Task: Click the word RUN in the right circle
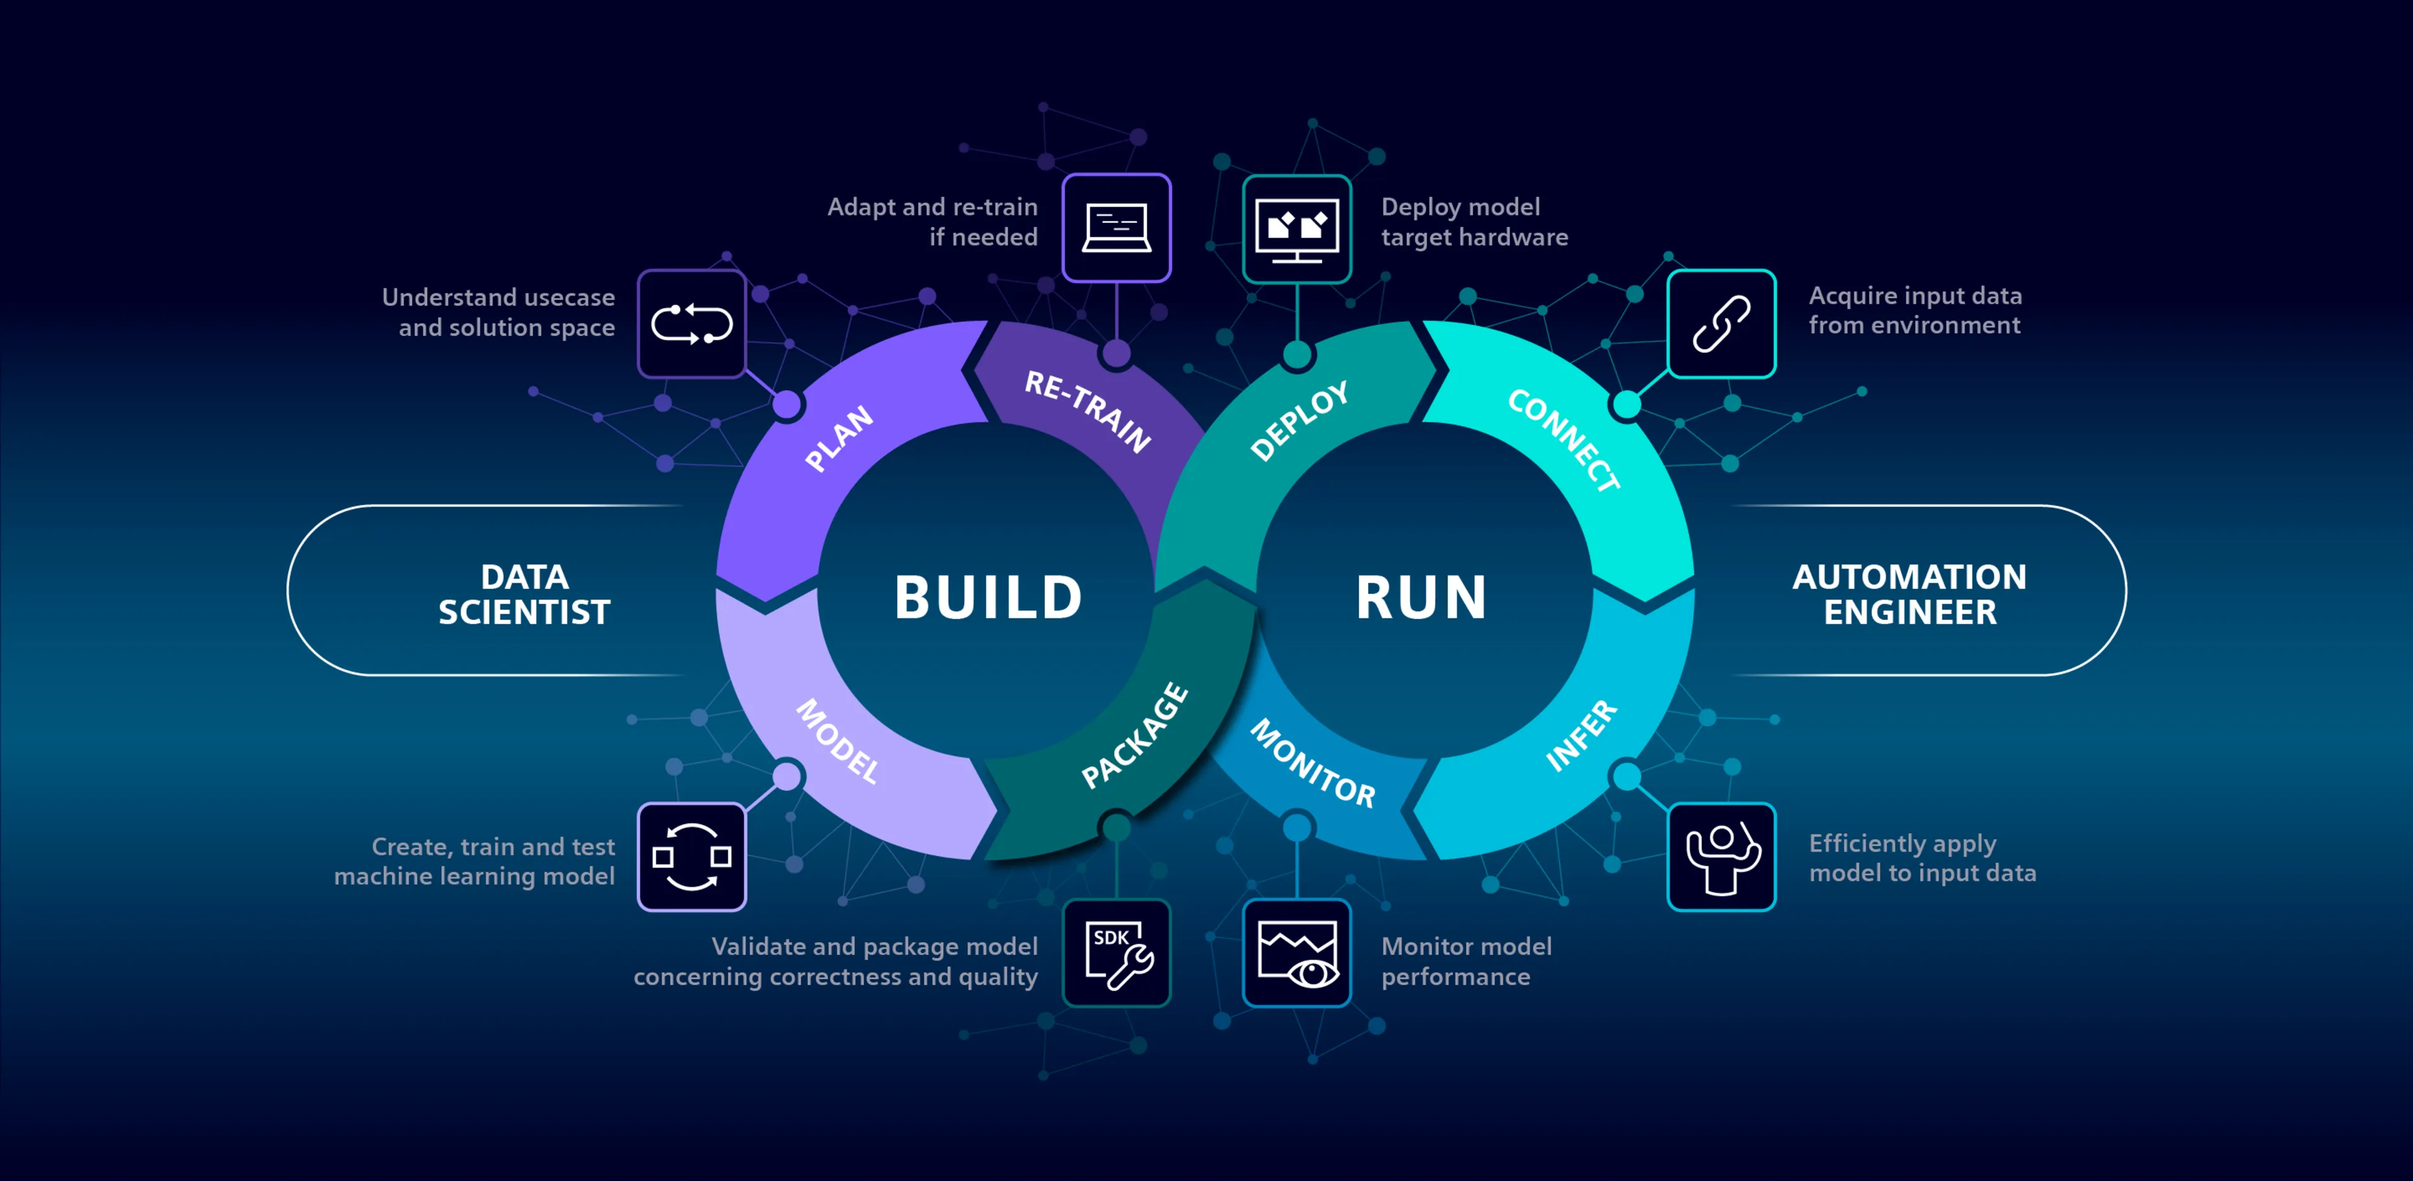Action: pyautogui.click(x=1421, y=597)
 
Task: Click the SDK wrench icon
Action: pyautogui.click(x=1117, y=954)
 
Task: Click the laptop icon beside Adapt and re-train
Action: pyautogui.click(x=1117, y=227)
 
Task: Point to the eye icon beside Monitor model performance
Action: pyautogui.click(x=1296, y=954)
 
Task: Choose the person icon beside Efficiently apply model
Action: pyautogui.click(x=1721, y=857)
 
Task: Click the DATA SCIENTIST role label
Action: pyautogui.click(x=525, y=594)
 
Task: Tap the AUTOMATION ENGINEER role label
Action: pyautogui.click(x=1909, y=594)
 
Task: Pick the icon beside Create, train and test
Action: pyautogui.click(x=691, y=857)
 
